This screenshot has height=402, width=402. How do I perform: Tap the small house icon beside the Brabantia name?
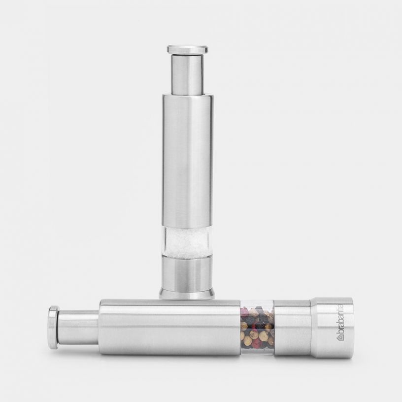pos(339,337)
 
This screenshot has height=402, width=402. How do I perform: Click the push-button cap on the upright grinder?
pos(187,49)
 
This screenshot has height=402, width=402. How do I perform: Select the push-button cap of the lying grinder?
pos(53,327)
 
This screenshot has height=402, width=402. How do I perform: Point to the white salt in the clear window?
pos(188,242)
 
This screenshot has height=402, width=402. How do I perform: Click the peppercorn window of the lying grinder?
pos(257,327)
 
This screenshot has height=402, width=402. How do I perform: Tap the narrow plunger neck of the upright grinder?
pos(187,74)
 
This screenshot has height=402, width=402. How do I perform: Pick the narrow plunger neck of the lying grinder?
pos(79,327)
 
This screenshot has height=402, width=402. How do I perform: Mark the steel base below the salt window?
pos(188,273)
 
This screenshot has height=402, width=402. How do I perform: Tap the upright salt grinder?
pos(188,172)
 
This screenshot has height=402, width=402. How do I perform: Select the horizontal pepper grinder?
pos(197,327)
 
